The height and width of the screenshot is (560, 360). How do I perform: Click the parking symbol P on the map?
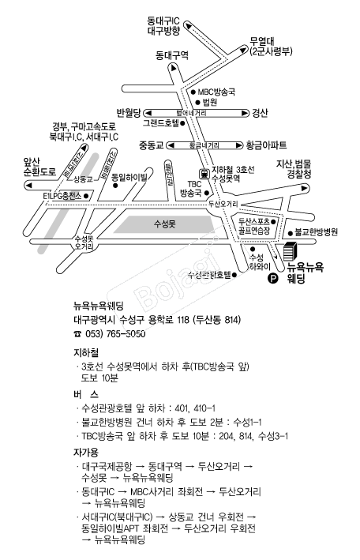coord(274,278)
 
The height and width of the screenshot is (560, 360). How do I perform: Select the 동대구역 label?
coord(172,55)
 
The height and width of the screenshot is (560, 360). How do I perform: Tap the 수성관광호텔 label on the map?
coord(208,275)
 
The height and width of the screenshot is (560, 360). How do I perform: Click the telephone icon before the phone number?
coord(77,334)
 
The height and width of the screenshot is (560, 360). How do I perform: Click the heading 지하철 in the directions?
coord(84,352)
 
